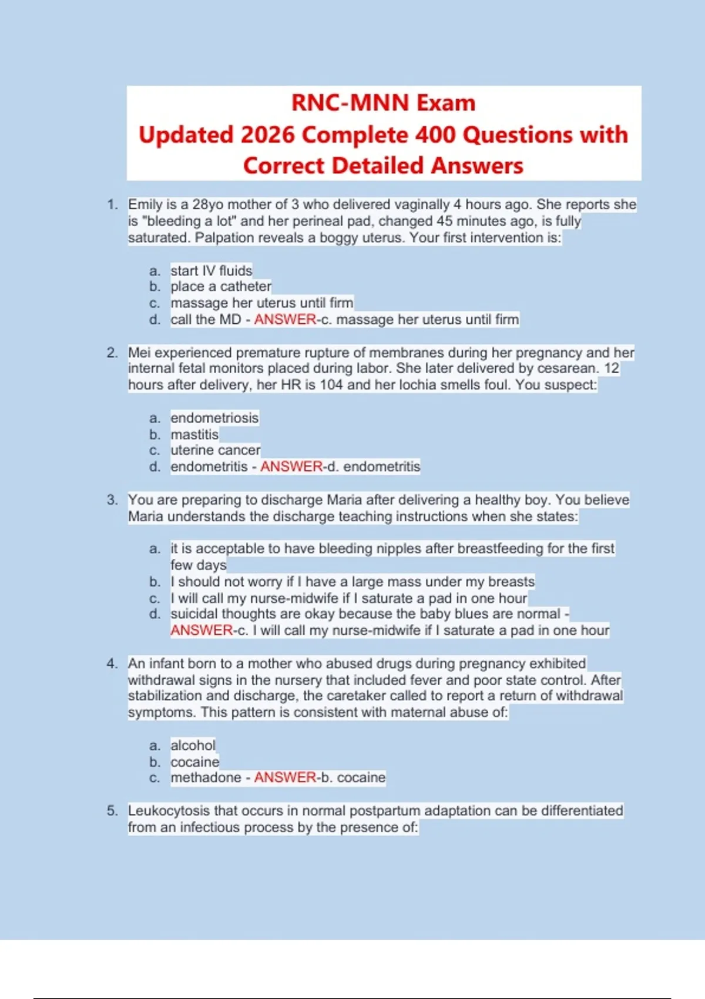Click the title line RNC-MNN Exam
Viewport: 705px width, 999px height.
[x=383, y=103]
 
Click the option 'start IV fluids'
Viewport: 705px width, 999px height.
[x=211, y=270]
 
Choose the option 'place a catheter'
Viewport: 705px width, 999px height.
[x=221, y=286]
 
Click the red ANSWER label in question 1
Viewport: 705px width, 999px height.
[x=285, y=319]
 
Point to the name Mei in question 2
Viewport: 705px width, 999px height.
[x=139, y=353]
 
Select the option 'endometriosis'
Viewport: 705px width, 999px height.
[x=214, y=418]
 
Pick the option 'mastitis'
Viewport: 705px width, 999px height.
[x=194, y=434]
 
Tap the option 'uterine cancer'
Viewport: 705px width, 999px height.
[x=215, y=450]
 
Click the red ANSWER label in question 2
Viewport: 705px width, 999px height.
[x=291, y=467]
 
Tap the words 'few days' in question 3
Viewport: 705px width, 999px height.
[x=198, y=565]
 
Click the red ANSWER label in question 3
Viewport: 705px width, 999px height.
[x=202, y=630]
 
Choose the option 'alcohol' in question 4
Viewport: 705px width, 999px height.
[x=193, y=745]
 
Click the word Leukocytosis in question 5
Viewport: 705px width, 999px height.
[x=169, y=810]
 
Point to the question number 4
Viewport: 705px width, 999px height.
[x=112, y=663]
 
